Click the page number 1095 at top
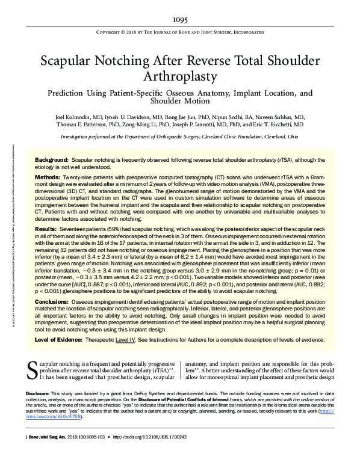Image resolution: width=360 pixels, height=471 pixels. coord(180,20)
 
